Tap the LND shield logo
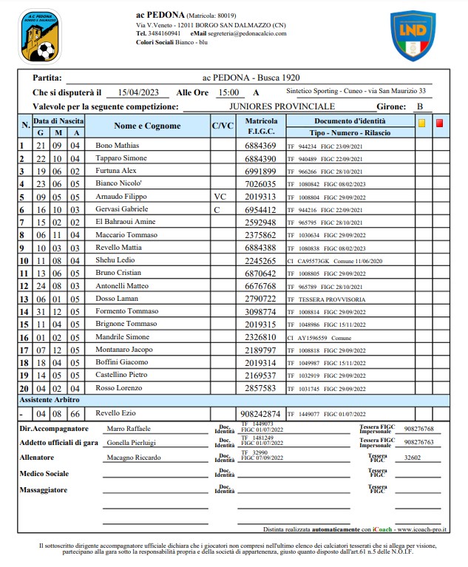click(x=413, y=35)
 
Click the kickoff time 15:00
click(x=227, y=93)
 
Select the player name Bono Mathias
click(x=118, y=146)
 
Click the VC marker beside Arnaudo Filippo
click(x=220, y=197)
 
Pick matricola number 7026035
click(x=260, y=184)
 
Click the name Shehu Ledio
click(x=116, y=260)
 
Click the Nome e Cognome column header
click(x=147, y=126)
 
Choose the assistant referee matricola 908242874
click(x=261, y=413)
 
